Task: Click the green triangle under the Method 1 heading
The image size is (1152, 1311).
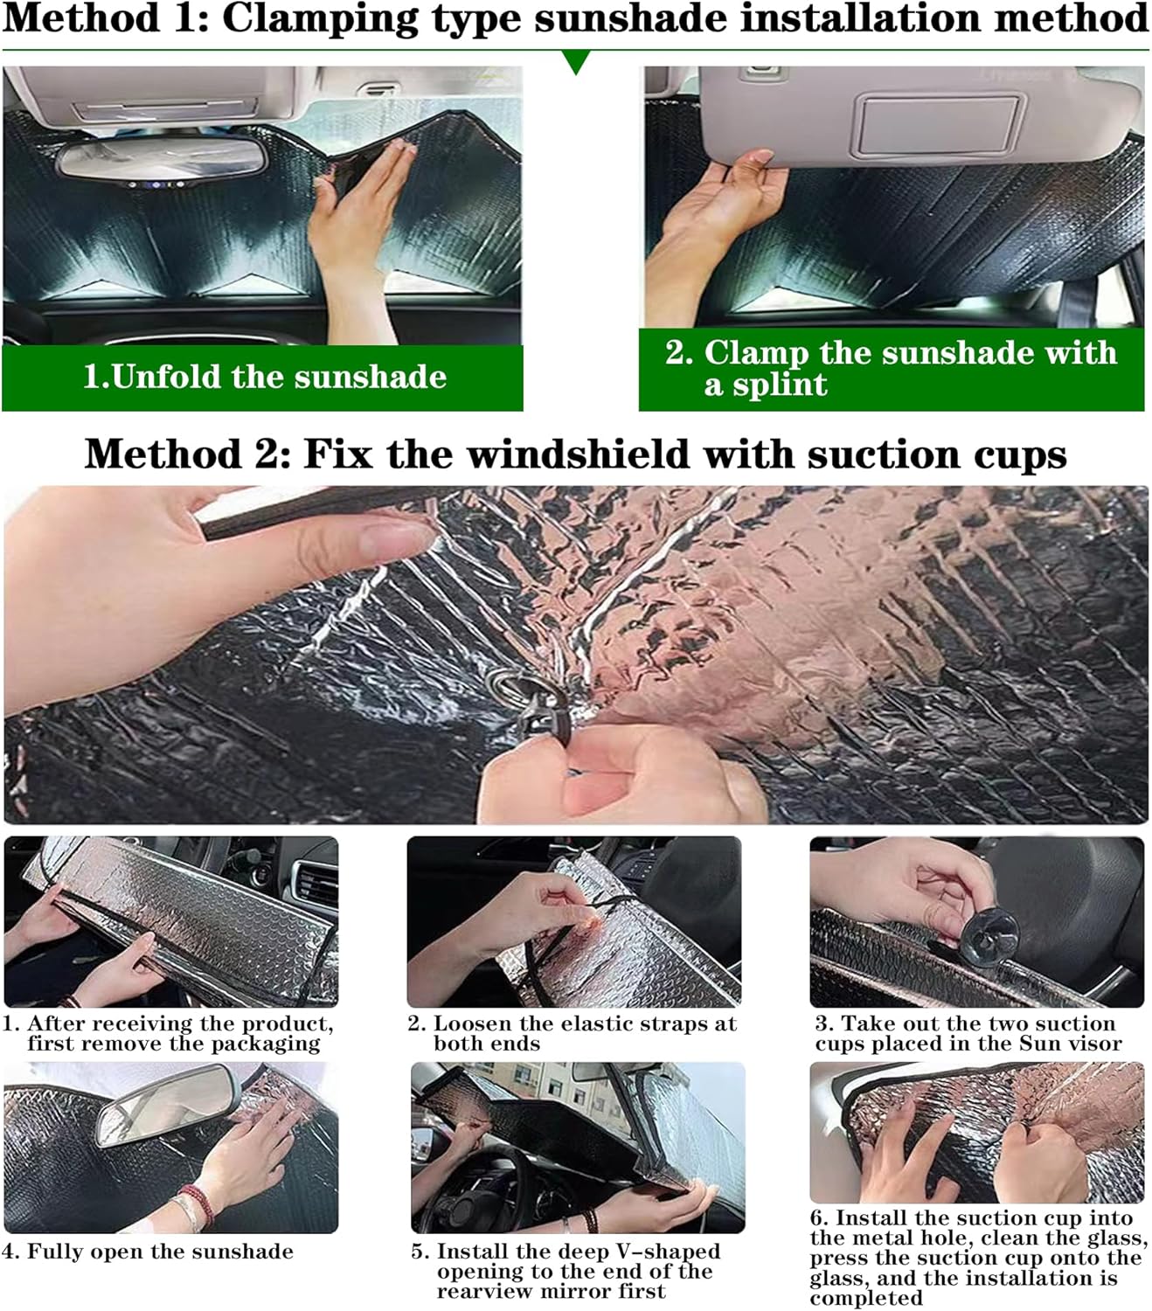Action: (x=576, y=61)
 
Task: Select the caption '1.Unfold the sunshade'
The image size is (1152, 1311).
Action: (x=264, y=377)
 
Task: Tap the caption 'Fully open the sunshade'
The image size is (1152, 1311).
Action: (x=160, y=1252)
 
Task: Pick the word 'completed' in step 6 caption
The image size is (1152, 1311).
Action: (x=865, y=1298)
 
